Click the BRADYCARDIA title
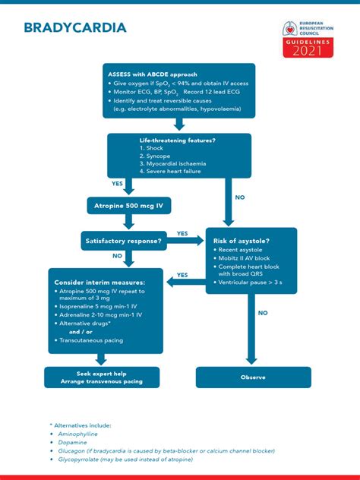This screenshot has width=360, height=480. pyautogui.click(x=74, y=29)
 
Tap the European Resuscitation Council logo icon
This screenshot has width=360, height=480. pyautogui.click(x=290, y=29)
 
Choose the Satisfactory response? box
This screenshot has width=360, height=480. pyautogui.click(x=122, y=242)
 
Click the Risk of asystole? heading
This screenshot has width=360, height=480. pyautogui.click(x=242, y=241)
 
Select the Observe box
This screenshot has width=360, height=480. pyautogui.click(x=253, y=377)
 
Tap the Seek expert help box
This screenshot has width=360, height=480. pyautogui.click(x=102, y=377)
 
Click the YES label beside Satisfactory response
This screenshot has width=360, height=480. pyautogui.click(x=182, y=233)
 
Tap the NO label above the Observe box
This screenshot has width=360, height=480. pyautogui.click(x=263, y=312)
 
